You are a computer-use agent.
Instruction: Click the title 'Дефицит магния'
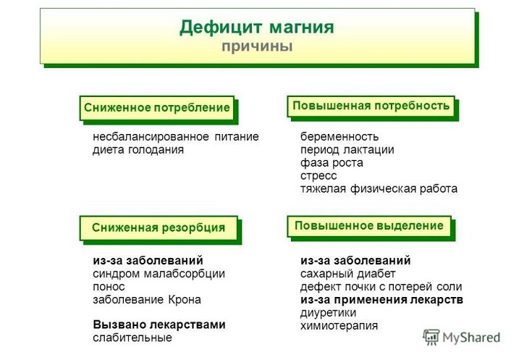[x=256, y=28]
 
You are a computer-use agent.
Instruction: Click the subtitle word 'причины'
[x=257, y=46]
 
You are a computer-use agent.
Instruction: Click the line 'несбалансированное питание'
[x=176, y=136]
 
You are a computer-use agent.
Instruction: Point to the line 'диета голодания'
[x=138, y=150]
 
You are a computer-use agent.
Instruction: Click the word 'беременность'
[x=339, y=136]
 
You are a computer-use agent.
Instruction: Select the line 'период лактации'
[x=347, y=150]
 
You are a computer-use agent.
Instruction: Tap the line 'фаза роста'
[x=332, y=162]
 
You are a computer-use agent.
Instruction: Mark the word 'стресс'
[x=318, y=176]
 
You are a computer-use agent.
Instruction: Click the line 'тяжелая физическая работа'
[x=379, y=189]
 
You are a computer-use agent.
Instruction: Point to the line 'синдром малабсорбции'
[x=159, y=274]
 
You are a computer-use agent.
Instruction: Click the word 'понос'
[x=109, y=287]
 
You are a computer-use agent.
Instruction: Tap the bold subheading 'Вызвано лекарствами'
[x=159, y=325]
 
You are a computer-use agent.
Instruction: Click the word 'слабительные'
[x=132, y=338]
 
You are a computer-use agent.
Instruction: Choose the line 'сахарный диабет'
[x=348, y=274]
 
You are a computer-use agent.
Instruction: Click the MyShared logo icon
[x=431, y=338]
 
